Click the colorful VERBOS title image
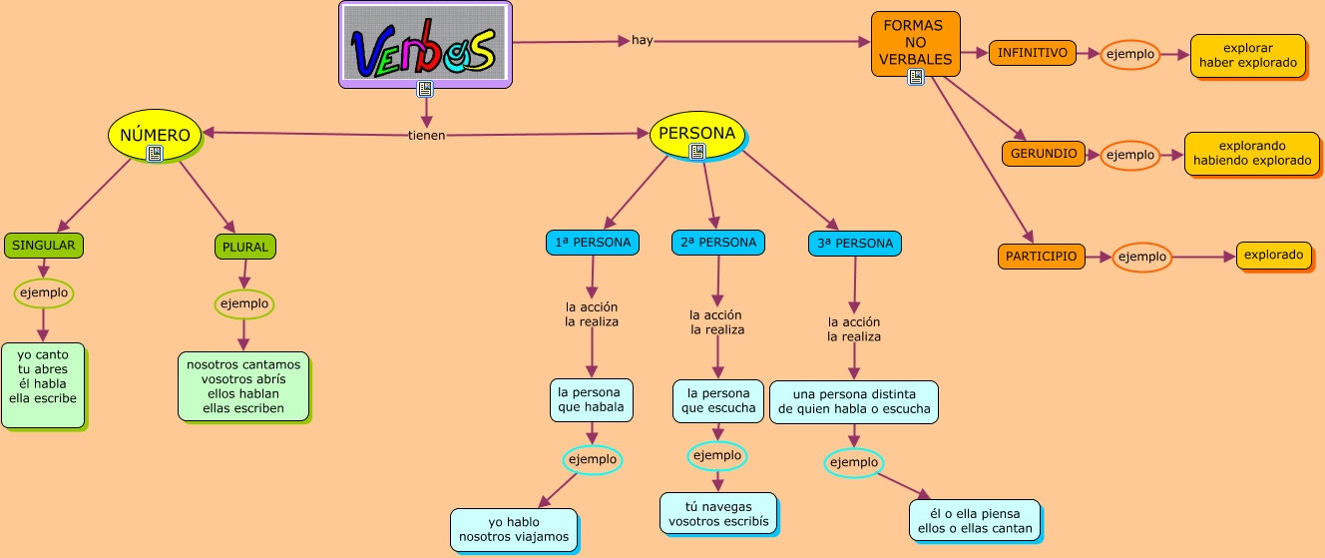425,45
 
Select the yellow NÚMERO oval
154,134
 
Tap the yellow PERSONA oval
697,134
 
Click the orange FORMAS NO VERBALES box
915,43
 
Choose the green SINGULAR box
45,245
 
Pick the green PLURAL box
244,246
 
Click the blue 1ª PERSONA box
593,243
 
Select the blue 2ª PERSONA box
717,243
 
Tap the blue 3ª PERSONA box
855,243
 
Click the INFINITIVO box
1032,53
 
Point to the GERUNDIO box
1043,154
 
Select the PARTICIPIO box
1041,257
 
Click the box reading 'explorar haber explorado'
1248,55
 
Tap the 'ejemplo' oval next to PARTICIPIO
1141,257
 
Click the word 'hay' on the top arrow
642,41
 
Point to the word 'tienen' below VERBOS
426,136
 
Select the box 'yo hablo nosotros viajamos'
514,529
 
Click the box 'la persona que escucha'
717,401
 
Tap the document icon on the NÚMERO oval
154,154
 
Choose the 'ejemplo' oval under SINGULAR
43,292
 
